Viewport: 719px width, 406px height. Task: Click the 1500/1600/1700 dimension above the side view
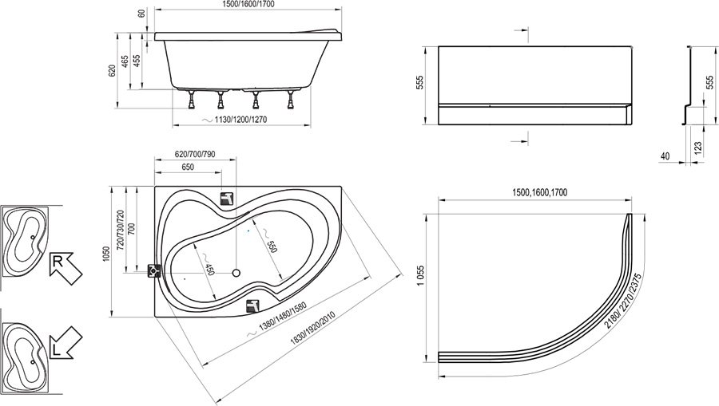[x=248, y=4]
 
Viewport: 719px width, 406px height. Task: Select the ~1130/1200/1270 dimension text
[x=234, y=120]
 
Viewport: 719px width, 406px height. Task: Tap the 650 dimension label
[x=188, y=167]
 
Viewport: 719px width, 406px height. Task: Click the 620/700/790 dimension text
[x=196, y=154]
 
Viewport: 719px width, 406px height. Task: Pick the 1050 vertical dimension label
[x=107, y=254]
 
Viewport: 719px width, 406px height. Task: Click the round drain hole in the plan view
[x=236, y=274]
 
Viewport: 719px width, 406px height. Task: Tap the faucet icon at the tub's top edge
[x=228, y=199]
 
